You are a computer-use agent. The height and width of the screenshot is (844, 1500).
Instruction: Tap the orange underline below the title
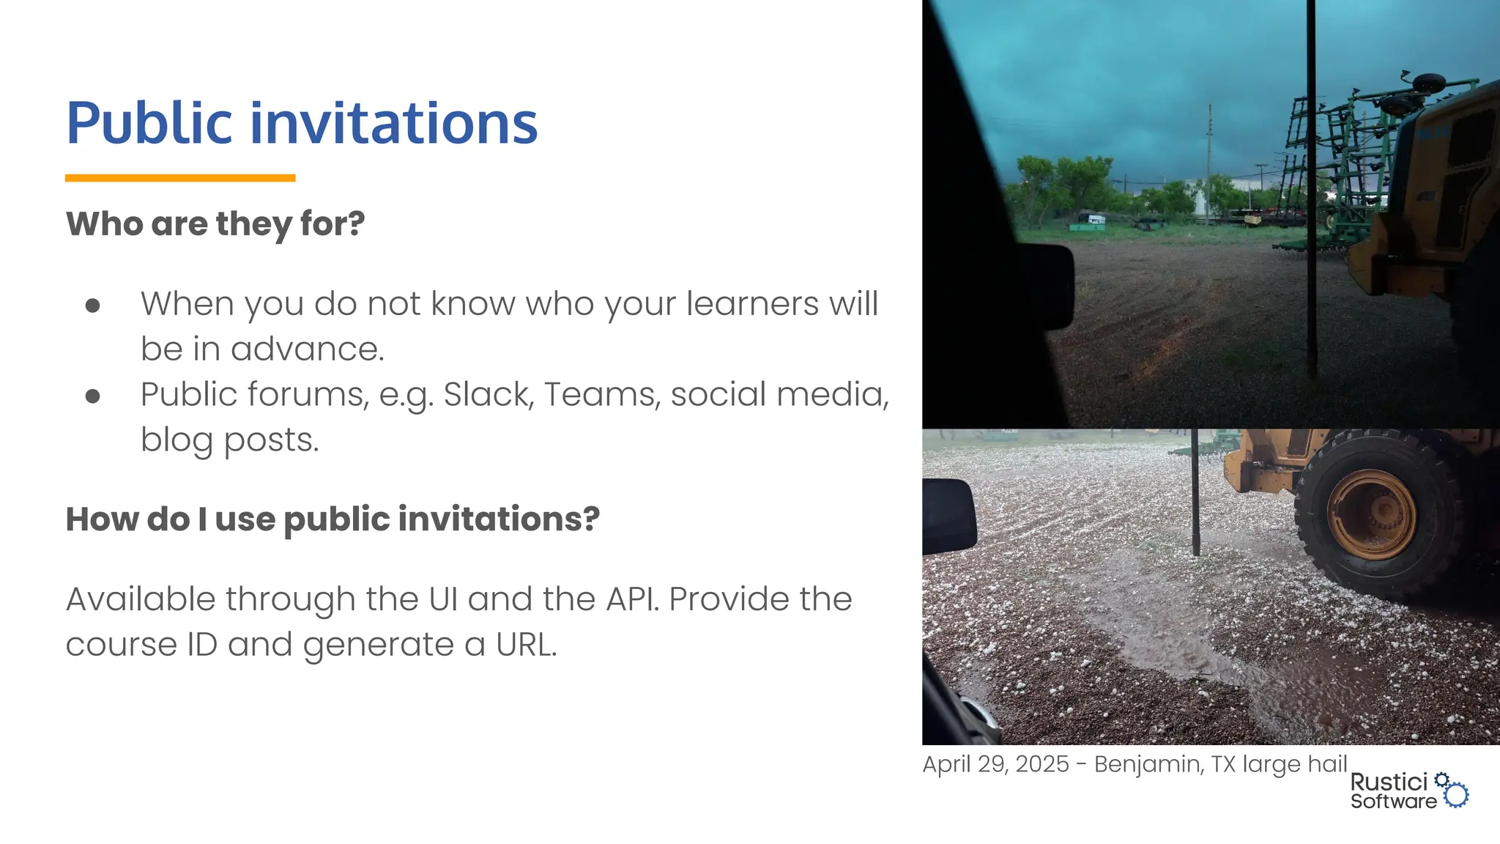(180, 178)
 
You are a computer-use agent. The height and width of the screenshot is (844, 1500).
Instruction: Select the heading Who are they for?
(215, 223)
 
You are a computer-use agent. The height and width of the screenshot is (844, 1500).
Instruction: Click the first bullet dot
(92, 306)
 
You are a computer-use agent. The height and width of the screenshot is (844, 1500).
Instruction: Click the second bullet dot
(92, 396)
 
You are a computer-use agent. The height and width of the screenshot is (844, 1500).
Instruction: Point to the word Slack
(487, 394)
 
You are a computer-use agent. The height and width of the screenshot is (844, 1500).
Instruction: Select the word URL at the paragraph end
(526, 645)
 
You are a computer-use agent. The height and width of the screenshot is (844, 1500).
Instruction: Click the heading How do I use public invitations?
(333, 519)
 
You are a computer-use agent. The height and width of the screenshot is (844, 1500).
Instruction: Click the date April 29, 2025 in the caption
(995, 764)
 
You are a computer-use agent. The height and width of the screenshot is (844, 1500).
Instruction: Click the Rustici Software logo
(1408, 791)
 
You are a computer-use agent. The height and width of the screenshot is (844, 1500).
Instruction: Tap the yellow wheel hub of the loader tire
(1371, 514)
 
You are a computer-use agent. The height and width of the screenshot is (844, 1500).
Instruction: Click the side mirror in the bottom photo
(949, 516)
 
